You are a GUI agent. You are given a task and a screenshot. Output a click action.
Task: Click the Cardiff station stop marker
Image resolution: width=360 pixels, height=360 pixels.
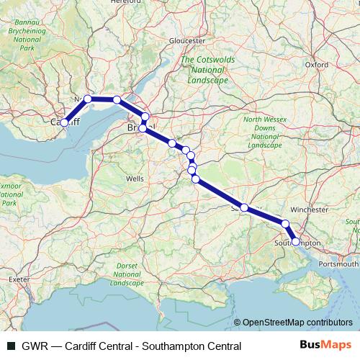(64, 122)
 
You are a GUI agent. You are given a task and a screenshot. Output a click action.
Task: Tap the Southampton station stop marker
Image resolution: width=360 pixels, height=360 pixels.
(296, 242)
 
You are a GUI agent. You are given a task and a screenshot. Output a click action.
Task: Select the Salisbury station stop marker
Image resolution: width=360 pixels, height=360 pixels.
(244, 207)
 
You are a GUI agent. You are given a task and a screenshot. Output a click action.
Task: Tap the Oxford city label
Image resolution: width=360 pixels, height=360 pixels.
(316, 64)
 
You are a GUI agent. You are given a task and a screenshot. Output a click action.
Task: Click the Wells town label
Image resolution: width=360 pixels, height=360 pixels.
(135, 178)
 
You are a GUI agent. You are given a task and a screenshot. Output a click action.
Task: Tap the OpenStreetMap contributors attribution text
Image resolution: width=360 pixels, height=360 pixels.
(297, 322)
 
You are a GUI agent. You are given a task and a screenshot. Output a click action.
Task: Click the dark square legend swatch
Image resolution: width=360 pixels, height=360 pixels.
(10, 345)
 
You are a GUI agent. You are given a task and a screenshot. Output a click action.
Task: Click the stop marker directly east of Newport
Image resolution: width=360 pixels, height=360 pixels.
(117, 99)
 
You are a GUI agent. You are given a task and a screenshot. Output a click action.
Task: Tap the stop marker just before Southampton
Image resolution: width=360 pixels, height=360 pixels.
(286, 224)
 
